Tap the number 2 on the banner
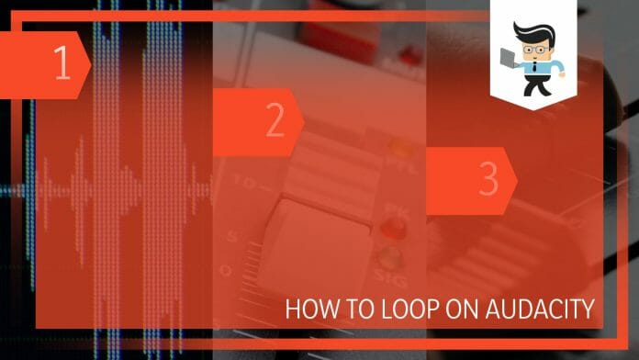click(275, 121)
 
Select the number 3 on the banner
click(488, 181)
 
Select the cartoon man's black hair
click(532, 33)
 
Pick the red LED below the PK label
click(393, 227)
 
